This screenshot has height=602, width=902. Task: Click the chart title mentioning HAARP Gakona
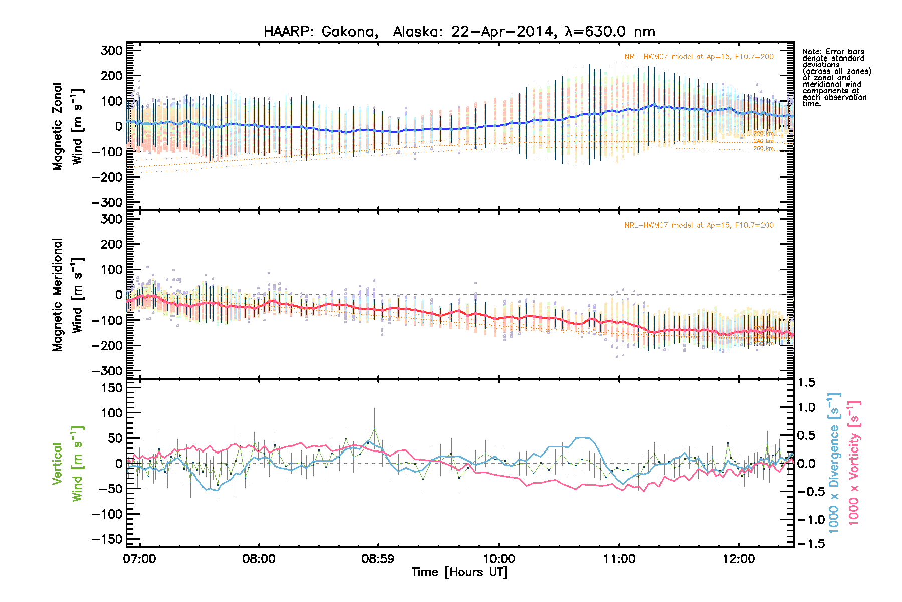[459, 32]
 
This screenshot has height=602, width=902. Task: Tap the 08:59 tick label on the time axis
[378, 559]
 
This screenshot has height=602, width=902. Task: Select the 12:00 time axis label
[739, 559]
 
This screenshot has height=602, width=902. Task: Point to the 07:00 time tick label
[139, 559]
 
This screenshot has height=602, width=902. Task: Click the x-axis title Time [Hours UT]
[459, 572]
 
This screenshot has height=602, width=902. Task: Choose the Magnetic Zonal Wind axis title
[67, 126]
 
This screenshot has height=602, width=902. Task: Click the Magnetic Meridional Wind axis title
[67, 294]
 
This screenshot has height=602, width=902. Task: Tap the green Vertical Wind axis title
[67, 464]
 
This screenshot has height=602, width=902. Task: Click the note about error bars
[836, 78]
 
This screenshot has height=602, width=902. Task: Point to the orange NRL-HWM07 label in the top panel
[699, 57]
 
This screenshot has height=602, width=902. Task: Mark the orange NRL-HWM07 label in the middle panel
[699, 225]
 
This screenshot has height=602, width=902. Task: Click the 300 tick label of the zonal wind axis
[111, 50]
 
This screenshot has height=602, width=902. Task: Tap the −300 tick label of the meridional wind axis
[107, 371]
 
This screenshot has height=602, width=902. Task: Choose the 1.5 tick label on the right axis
[807, 383]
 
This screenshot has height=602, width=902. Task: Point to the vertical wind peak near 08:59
[374, 429]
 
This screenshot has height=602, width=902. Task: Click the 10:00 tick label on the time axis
[499, 559]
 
